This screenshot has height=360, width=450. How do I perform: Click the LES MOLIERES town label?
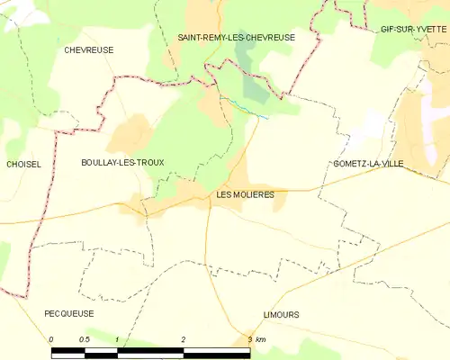(246, 194)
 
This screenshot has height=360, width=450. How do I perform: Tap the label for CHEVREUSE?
(89, 50)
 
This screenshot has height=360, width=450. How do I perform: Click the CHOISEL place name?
(23, 164)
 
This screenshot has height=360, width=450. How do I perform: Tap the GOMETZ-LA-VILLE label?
(367, 164)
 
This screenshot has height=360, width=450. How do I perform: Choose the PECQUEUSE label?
(68, 313)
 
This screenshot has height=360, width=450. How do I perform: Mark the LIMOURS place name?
(281, 314)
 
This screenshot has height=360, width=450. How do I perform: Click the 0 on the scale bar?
(51, 339)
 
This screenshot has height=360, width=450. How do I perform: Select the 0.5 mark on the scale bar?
(84, 339)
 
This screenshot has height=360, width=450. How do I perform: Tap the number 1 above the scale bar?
(117, 339)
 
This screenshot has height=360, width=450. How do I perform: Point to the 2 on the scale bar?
(184, 339)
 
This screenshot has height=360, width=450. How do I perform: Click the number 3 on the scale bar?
(249, 339)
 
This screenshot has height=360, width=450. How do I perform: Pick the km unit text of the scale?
(261, 339)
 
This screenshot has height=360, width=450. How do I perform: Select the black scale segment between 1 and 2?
(150, 352)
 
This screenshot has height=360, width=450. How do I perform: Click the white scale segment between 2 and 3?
(216, 352)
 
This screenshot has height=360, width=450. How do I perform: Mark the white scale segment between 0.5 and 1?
(101, 352)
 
